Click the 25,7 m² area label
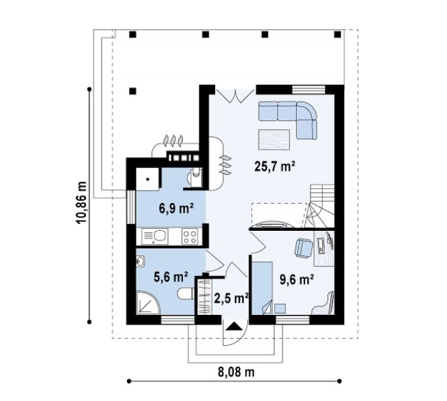point(274,166)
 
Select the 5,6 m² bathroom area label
point(171,277)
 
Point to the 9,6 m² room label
point(297,279)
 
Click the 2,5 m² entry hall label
point(231,299)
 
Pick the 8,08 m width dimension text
point(236,372)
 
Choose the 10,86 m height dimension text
point(82,202)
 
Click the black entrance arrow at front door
point(234,326)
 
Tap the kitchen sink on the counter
point(155,237)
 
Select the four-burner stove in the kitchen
point(190,237)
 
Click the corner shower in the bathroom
point(148,303)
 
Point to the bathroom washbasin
point(141,261)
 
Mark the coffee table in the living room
point(274,139)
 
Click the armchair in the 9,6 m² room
point(304,247)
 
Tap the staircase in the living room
point(321,206)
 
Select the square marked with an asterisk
point(147,179)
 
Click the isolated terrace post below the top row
point(132,91)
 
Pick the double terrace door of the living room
point(235,96)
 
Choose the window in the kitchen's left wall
point(130,207)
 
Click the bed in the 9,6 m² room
point(262,288)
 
